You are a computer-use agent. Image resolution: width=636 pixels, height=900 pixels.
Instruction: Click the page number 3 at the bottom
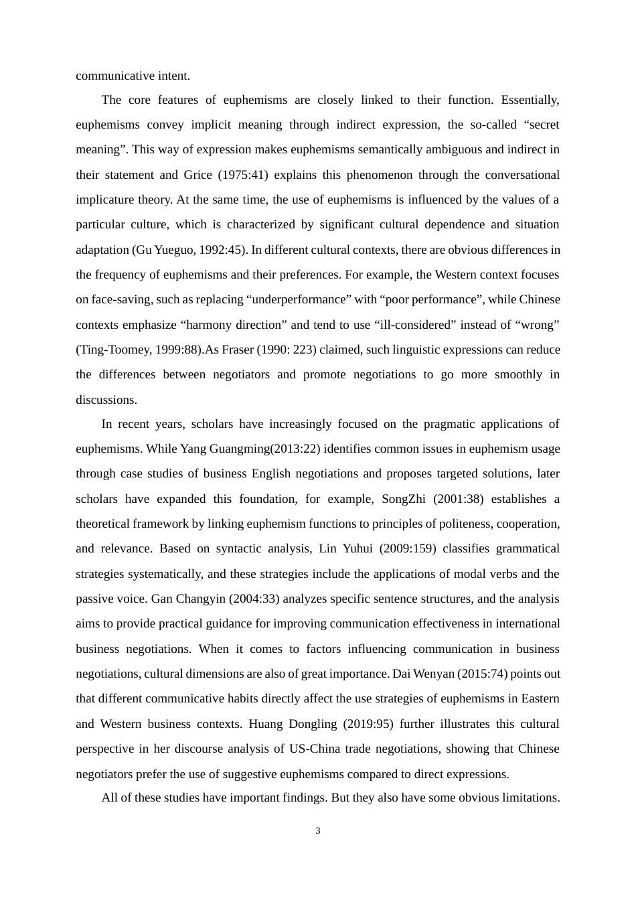click(318, 831)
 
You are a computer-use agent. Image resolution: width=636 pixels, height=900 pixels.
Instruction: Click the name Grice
click(199, 175)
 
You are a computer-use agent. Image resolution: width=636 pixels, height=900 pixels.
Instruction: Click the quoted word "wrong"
click(537, 325)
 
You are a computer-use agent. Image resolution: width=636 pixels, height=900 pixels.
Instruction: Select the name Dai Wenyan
click(426, 674)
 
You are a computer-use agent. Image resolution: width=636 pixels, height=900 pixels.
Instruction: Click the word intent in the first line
click(174, 75)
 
